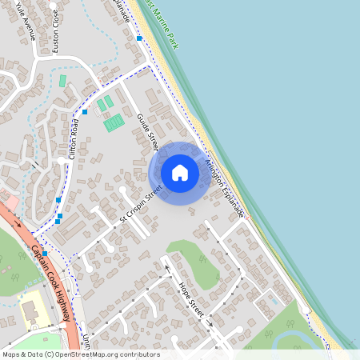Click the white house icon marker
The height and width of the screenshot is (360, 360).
tap(180, 173)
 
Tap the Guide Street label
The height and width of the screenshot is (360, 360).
tap(147, 131)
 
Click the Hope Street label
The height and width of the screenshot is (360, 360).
tap(193, 298)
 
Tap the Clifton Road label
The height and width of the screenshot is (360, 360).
tap(74, 138)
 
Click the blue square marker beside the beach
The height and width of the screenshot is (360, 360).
tap(139, 38)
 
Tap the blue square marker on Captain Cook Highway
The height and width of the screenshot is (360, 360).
tap(45, 253)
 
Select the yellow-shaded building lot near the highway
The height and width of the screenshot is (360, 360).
tap(32, 309)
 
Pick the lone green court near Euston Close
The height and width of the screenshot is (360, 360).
tap(62, 81)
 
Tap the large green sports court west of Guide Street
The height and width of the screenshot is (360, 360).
tap(114, 122)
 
